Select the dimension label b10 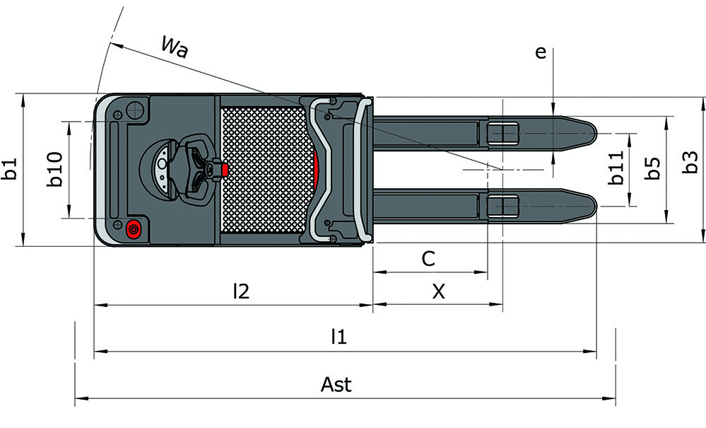[x=55, y=170]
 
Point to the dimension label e [x=541, y=52]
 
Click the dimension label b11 [x=616, y=168]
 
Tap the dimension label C [x=428, y=259]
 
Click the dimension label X [x=438, y=291]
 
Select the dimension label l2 [x=242, y=291]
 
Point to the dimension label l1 [x=339, y=337]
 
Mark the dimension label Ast [x=336, y=385]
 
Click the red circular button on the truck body [x=133, y=229]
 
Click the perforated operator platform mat [x=265, y=170]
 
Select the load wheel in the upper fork [x=502, y=133]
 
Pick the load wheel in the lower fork [x=502, y=206]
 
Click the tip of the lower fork [x=592, y=206]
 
